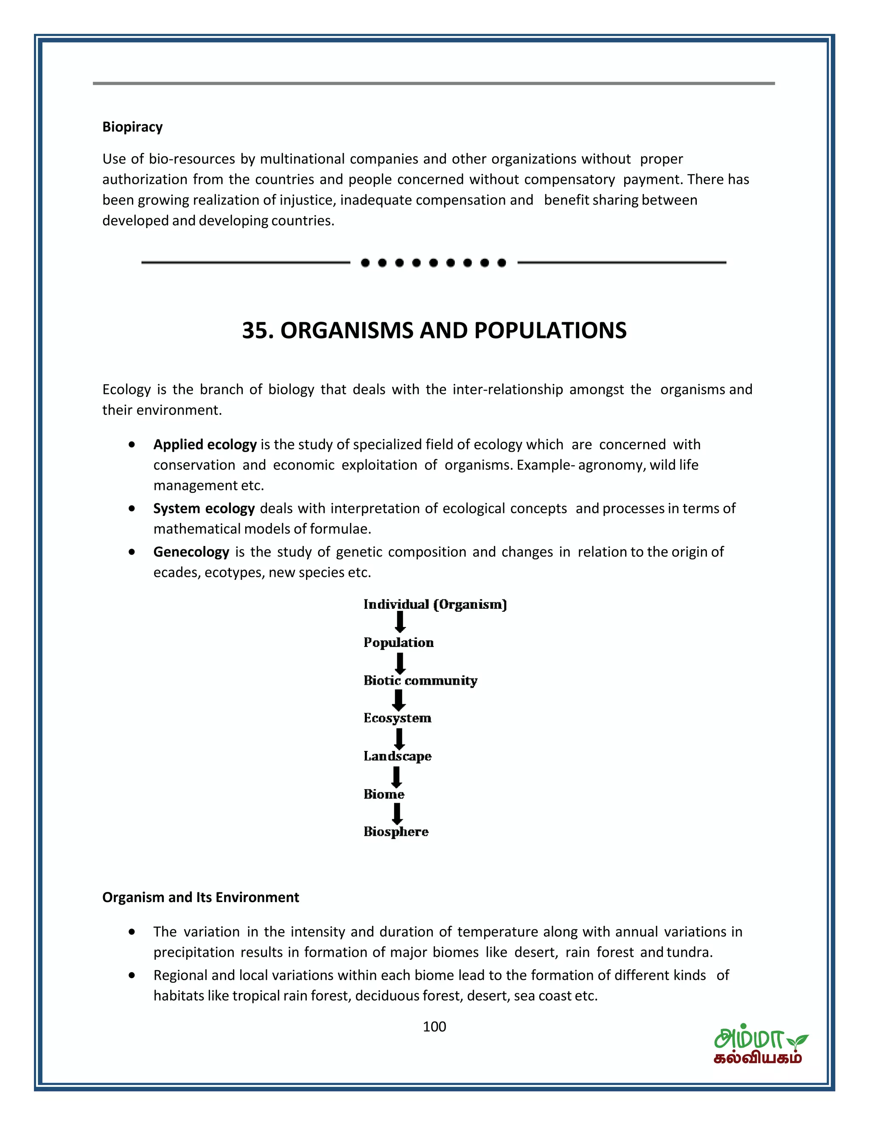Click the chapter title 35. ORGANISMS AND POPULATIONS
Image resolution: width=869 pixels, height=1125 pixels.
point(434,330)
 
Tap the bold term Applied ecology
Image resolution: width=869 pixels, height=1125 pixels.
point(205,444)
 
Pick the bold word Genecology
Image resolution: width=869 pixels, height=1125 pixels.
point(191,552)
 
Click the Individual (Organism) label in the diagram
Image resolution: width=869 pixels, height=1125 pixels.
point(435,604)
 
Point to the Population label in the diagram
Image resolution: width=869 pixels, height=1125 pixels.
point(398,642)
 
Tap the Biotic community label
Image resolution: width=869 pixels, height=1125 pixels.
point(420,681)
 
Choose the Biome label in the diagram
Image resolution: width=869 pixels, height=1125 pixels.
point(384,794)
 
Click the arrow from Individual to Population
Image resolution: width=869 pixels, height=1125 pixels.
point(400,622)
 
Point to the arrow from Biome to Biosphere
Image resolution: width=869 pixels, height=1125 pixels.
point(397,813)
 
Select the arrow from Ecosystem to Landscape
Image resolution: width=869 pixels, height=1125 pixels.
point(399,738)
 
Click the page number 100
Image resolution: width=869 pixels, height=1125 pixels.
point(434,1027)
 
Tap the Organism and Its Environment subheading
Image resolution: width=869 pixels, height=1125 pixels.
point(200,897)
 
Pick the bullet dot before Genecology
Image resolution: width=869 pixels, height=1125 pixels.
point(132,552)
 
